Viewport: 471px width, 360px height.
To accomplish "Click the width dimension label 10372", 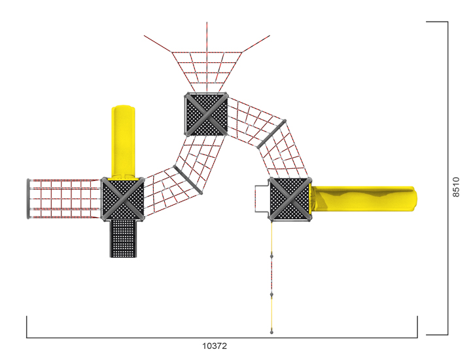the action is pyautogui.click(x=215, y=346).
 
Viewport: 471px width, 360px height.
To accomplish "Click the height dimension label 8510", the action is pyautogui.click(x=456, y=187).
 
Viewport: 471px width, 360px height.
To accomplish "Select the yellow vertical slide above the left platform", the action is pyautogui.click(x=123, y=142).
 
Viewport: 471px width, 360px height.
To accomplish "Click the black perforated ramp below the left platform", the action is pyautogui.click(x=123, y=239).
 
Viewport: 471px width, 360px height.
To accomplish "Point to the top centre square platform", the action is pyautogui.click(x=206, y=114).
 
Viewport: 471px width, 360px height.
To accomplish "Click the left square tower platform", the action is pyautogui.click(x=122, y=199).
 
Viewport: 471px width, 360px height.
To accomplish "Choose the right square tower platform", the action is pyautogui.click(x=290, y=199).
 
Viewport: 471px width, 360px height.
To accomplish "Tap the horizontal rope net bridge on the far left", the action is pyautogui.click(x=64, y=198).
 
